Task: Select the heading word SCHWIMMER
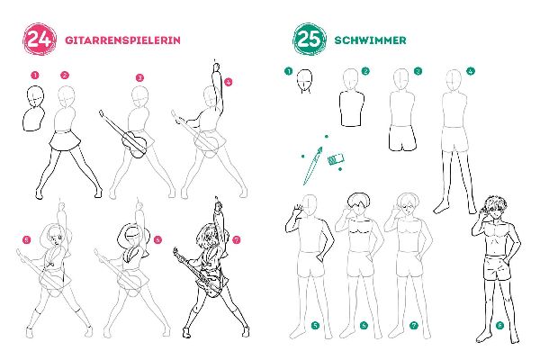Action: (x=369, y=40)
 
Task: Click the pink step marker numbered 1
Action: (x=34, y=76)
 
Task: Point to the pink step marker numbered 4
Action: (x=229, y=81)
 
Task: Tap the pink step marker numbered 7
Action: (x=237, y=240)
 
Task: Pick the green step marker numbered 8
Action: (x=499, y=326)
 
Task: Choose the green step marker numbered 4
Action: (x=471, y=71)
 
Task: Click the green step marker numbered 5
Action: (x=315, y=325)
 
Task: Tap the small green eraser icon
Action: (x=337, y=160)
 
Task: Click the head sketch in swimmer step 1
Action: (x=307, y=80)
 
